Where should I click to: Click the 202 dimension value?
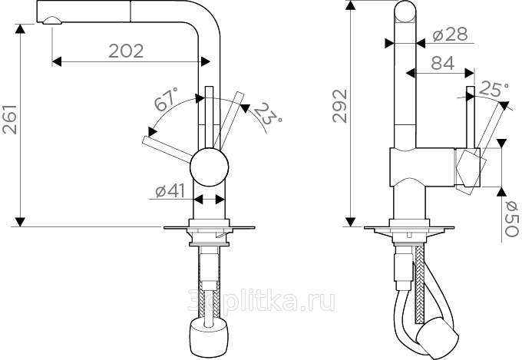coord(126,51)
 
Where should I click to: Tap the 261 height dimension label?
coord(10,119)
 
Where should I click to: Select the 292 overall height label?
coord(340,106)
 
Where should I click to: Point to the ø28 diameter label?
coord(451,34)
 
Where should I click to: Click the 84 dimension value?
coord(443,63)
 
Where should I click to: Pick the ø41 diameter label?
coord(170,191)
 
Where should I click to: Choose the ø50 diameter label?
coord(511,219)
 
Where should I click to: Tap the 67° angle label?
coord(167,99)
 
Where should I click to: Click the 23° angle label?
coord(269,114)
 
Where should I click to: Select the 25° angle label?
coord(494,89)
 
